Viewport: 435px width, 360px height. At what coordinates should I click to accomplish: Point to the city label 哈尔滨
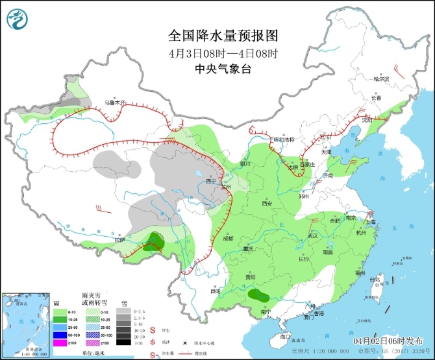pyautogui.click(x=381, y=79)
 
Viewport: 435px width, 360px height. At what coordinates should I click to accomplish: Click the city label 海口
pyautogui.click(x=284, y=337)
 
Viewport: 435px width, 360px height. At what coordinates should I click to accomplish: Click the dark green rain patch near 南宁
pyautogui.click(x=258, y=296)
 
